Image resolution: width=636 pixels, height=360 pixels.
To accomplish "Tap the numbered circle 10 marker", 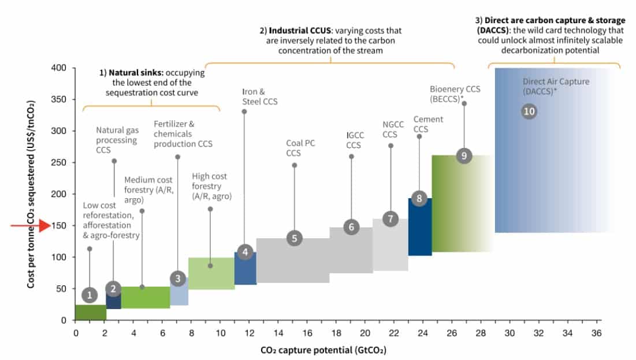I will pyautogui.click(x=529, y=112).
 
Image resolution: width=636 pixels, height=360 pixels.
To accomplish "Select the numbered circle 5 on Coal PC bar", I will pyautogui.click(x=294, y=238).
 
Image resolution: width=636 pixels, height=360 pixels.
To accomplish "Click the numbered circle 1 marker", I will pyautogui.click(x=89, y=295).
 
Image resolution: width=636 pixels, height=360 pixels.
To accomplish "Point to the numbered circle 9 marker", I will pyautogui.click(x=464, y=155).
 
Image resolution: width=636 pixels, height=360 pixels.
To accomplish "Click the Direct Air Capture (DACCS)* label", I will pyautogui.click(x=548, y=86).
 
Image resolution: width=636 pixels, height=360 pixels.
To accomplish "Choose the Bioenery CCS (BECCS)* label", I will pyautogui.click(x=455, y=94).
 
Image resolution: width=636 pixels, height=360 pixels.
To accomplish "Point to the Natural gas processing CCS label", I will pyautogui.click(x=116, y=140).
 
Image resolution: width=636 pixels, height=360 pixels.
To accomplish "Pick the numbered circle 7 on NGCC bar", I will pyautogui.click(x=390, y=219).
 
